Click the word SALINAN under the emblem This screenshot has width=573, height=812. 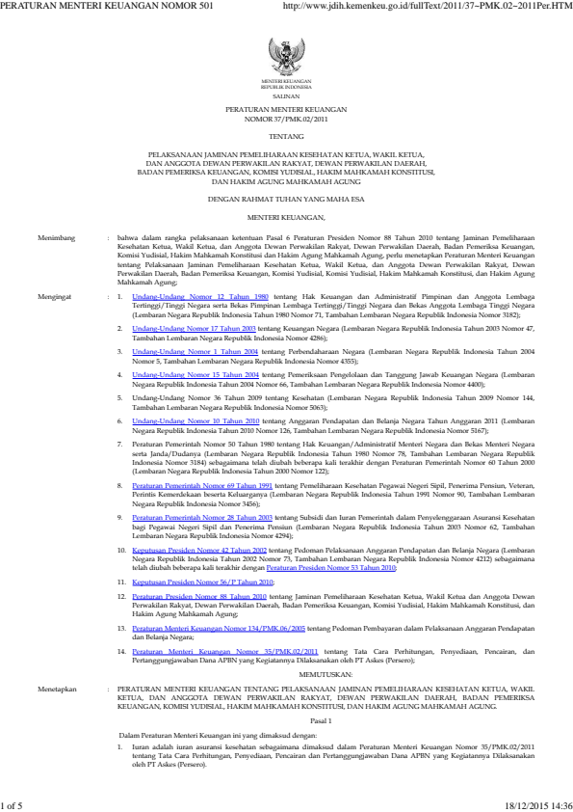point(286,97)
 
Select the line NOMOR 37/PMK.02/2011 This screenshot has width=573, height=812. point(286,122)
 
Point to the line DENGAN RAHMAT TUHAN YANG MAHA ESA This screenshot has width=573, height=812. point(286,198)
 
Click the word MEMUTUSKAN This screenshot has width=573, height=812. point(286,623)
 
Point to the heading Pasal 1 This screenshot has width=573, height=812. point(286,666)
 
